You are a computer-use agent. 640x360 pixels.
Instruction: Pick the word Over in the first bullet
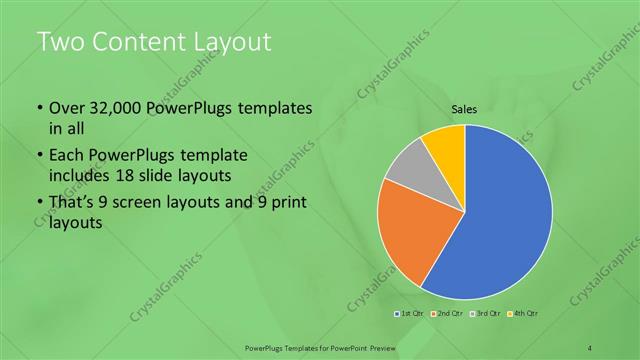pos(66,108)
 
